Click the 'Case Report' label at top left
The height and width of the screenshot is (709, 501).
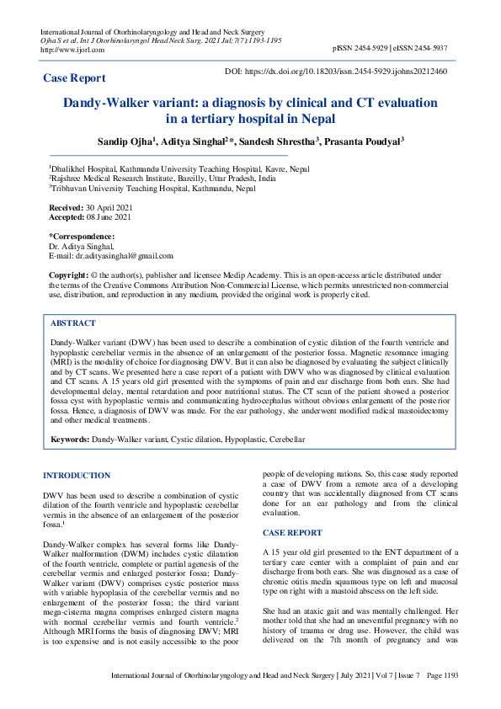pos(74,77)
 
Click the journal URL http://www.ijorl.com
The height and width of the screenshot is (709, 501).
pos(72,50)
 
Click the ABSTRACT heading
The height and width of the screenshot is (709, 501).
pos(73,323)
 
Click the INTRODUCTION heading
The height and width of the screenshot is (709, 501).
pos(77,476)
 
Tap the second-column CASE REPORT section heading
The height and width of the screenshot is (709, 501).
pos(291,533)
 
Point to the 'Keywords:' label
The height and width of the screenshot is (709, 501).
pos(70,440)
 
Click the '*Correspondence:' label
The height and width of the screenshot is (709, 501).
pos(82,237)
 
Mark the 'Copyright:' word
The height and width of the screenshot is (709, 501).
pos(68,275)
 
